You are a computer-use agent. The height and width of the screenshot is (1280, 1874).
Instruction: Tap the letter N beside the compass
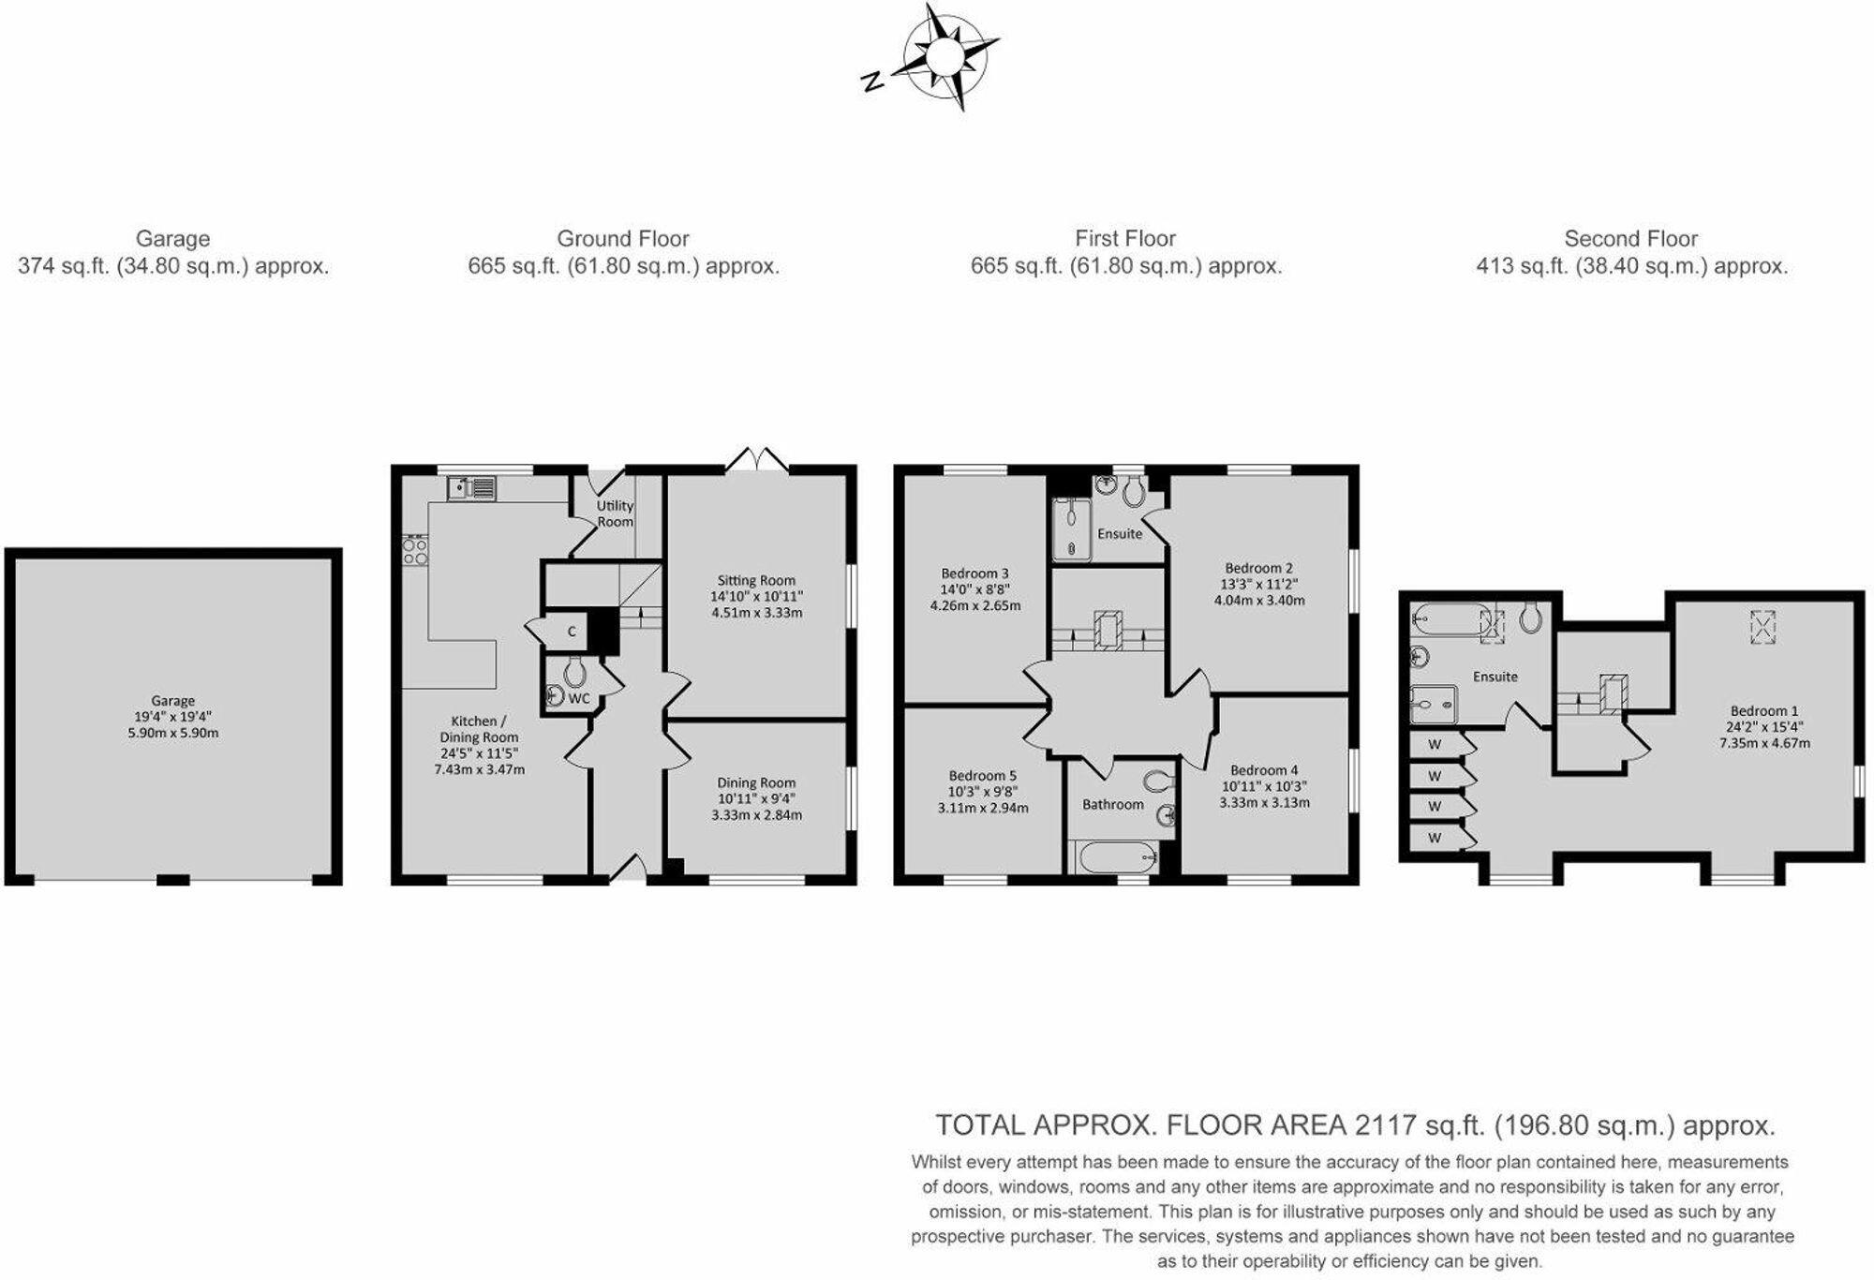(871, 82)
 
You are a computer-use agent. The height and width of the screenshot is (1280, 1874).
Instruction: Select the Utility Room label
(615, 513)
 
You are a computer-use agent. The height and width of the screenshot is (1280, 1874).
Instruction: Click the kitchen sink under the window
(471, 487)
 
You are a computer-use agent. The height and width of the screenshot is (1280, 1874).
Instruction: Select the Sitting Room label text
(756, 580)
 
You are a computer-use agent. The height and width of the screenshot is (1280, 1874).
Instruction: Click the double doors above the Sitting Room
(758, 458)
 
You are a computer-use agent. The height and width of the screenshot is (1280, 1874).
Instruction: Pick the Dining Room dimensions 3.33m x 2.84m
(756, 814)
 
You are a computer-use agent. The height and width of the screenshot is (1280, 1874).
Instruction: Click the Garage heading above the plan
(172, 238)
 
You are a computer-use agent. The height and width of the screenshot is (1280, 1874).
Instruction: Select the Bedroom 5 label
(982, 775)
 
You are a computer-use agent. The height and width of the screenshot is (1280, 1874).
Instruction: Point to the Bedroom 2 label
(1258, 567)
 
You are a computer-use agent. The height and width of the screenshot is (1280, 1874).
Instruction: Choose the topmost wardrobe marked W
(1438, 744)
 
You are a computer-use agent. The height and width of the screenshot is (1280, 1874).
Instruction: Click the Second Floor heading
(1630, 238)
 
